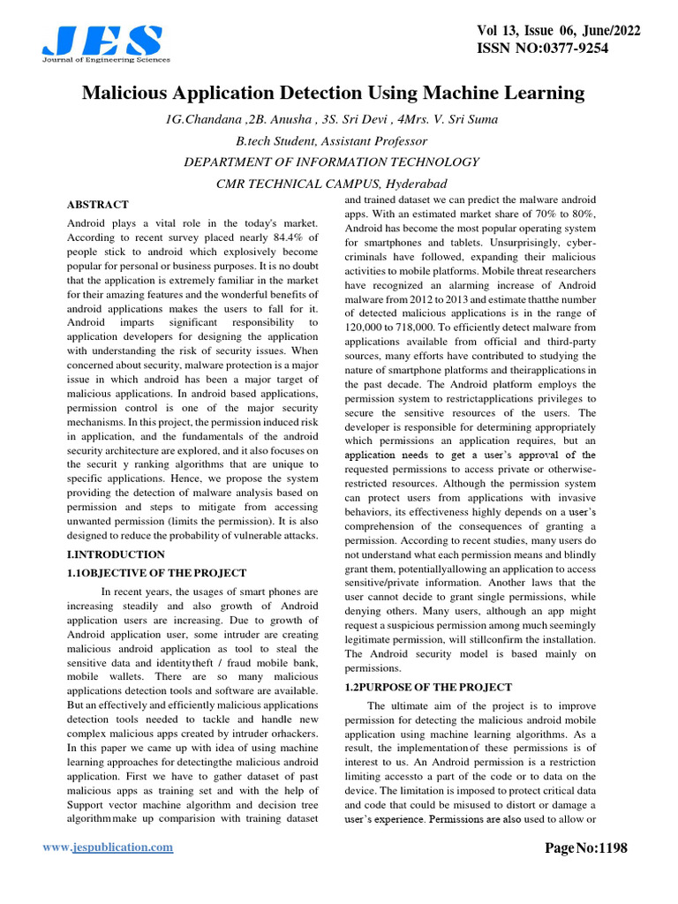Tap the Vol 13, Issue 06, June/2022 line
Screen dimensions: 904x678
point(557,30)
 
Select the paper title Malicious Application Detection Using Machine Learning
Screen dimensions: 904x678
point(334,93)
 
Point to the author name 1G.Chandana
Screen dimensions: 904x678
point(209,119)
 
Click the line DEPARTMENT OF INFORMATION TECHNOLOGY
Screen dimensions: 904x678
point(331,162)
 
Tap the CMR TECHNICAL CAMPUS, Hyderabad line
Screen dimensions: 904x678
point(331,184)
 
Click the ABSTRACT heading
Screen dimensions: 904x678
point(98,205)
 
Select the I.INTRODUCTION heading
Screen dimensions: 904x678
point(116,554)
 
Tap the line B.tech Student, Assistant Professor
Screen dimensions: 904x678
point(331,141)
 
